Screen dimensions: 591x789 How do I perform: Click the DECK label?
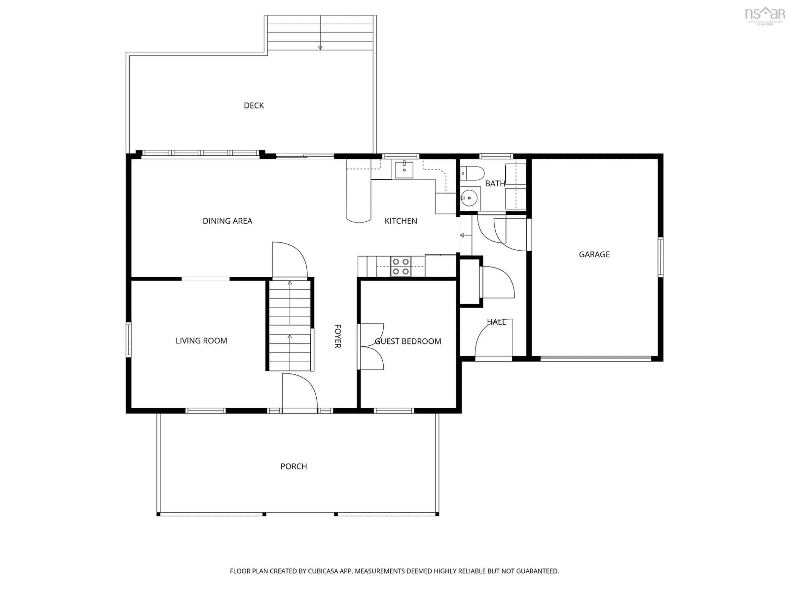(254, 105)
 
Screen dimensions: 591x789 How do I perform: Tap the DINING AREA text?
(227, 221)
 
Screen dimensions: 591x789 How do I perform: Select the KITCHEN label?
(401, 221)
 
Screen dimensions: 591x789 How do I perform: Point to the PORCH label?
(294, 466)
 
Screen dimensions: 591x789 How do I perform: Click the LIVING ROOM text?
(201, 341)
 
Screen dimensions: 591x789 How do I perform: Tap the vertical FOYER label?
(337, 336)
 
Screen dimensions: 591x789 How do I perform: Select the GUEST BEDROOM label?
(408, 341)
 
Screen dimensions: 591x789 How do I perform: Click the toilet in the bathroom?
(472, 173)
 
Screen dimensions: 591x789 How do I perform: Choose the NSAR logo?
(765, 15)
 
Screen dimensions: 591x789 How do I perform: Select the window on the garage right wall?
(660, 257)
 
